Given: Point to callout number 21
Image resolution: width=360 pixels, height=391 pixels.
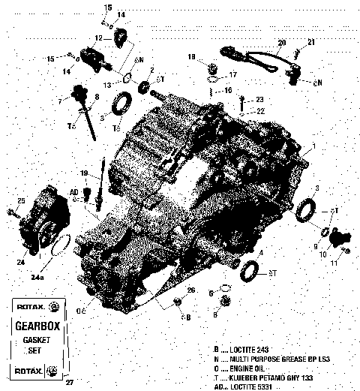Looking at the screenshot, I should click(311, 41).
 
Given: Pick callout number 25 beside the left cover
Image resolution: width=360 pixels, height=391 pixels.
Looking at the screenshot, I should click(21, 200).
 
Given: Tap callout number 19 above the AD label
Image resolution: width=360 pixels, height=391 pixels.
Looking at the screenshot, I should click(85, 173).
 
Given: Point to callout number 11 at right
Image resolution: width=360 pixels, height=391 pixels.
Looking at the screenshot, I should click(334, 263).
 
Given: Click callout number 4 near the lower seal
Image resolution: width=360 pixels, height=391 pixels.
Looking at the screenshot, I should click(260, 254).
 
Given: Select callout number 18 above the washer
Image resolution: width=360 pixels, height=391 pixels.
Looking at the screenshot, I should click(192, 57).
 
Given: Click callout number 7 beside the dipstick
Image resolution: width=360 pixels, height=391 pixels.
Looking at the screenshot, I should click(60, 101).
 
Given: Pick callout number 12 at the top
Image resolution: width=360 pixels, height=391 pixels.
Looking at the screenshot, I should click(98, 38).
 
